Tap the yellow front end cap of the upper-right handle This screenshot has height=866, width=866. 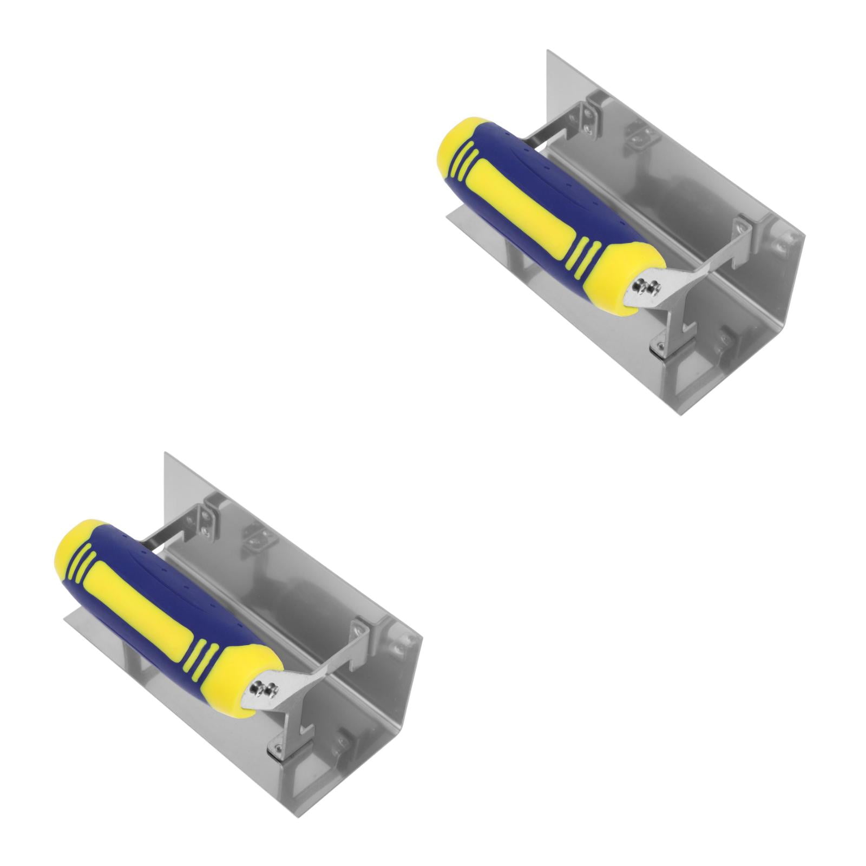(x=633, y=271)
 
